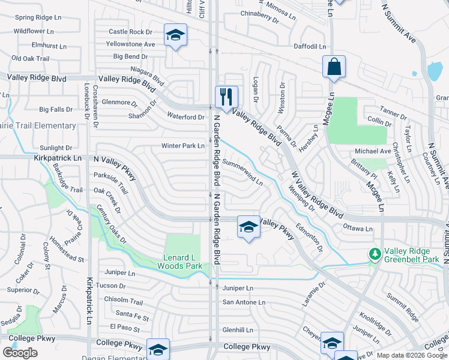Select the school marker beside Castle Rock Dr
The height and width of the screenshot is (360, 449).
(175, 35)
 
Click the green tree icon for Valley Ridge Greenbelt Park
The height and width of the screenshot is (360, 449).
(375, 254)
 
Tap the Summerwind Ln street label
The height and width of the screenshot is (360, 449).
(243, 172)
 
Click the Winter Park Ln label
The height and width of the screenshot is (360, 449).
(182, 146)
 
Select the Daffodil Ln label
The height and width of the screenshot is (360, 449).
(310, 46)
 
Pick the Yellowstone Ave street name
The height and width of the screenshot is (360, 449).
(130, 44)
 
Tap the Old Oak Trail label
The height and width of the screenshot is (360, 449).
(30, 58)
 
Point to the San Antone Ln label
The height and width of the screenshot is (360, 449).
(244, 302)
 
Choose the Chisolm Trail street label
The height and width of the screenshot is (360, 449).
(124, 302)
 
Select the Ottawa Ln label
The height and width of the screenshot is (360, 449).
(358, 229)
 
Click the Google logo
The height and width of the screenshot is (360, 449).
(20, 353)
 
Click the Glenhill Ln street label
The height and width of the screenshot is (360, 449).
(238, 330)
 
